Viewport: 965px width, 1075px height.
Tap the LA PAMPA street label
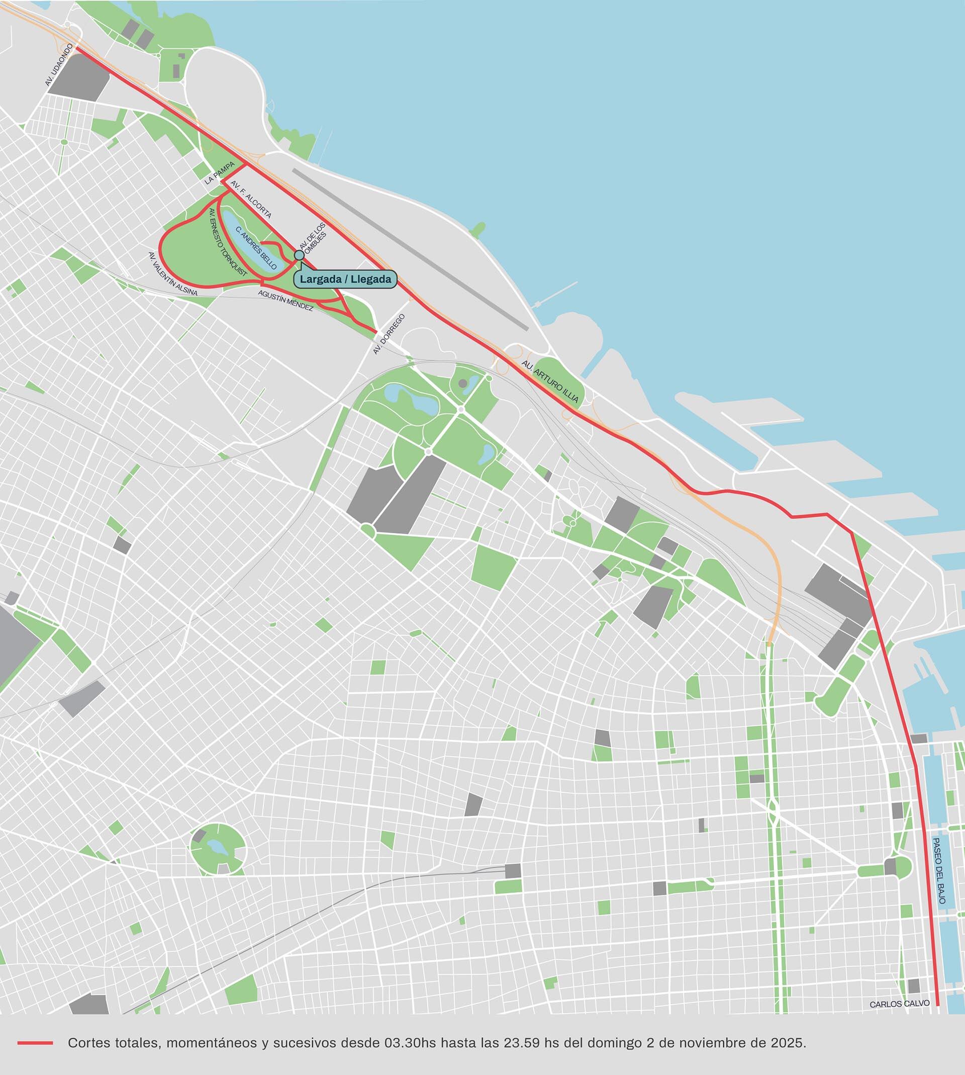point(220,173)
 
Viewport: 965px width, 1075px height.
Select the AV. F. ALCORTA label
point(251,200)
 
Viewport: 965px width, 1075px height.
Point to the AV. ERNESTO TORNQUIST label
point(228,242)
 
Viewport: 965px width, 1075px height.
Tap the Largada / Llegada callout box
point(345,279)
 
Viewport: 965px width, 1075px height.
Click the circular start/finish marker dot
point(299,255)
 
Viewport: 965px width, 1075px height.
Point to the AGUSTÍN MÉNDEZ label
point(286,300)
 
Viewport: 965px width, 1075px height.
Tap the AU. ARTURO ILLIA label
point(550,381)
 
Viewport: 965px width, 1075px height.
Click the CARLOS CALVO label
point(899,1004)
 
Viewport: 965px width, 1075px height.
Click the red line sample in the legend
point(35,1043)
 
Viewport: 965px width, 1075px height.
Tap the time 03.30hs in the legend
point(410,1043)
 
